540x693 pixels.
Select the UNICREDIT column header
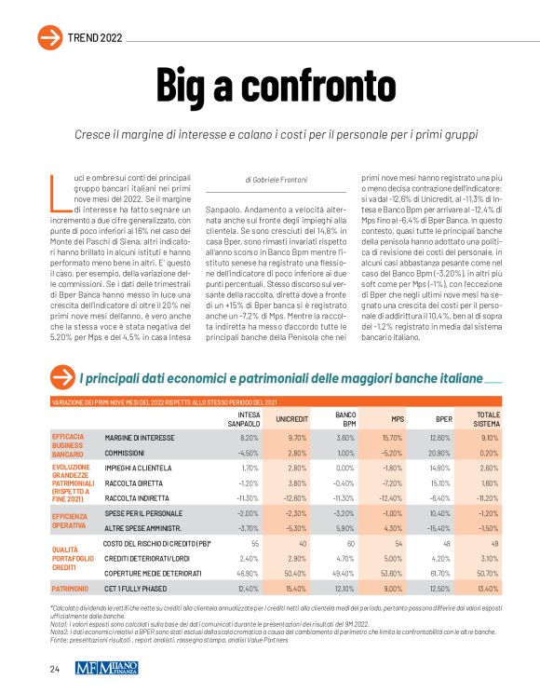(292, 418)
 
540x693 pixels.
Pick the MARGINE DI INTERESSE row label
(140, 437)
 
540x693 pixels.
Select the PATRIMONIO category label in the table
(71, 589)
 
